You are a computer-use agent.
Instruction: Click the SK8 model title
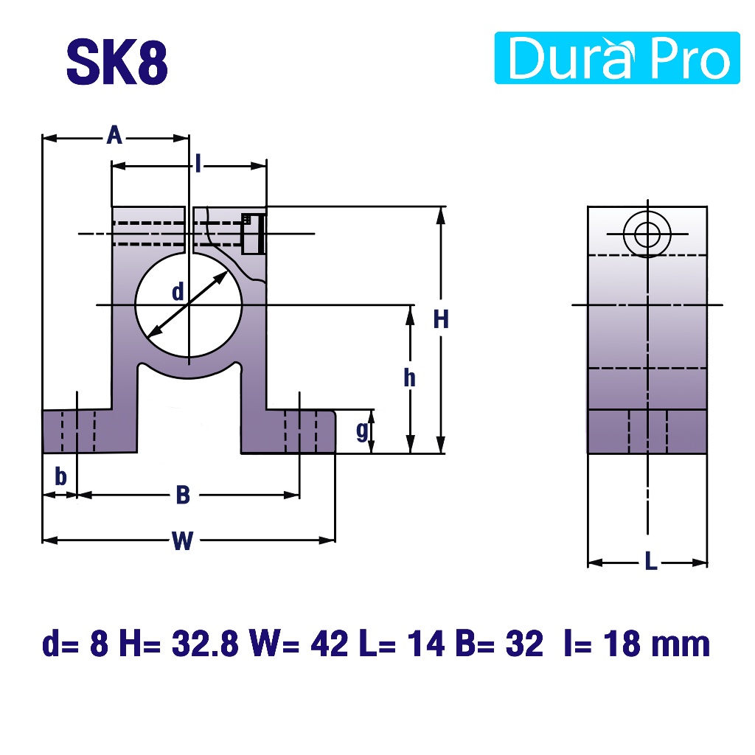point(117,62)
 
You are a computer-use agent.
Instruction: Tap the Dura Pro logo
point(617,58)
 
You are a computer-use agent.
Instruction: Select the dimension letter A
point(114,136)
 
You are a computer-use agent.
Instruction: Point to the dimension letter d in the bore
point(178,292)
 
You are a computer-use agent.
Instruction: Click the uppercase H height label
point(441,319)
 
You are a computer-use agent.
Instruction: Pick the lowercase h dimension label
point(409,378)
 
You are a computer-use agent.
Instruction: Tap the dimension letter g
point(363,431)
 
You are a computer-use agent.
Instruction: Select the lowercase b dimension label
point(60,477)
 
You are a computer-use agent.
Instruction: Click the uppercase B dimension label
point(183,495)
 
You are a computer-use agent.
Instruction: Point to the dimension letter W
point(183,540)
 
